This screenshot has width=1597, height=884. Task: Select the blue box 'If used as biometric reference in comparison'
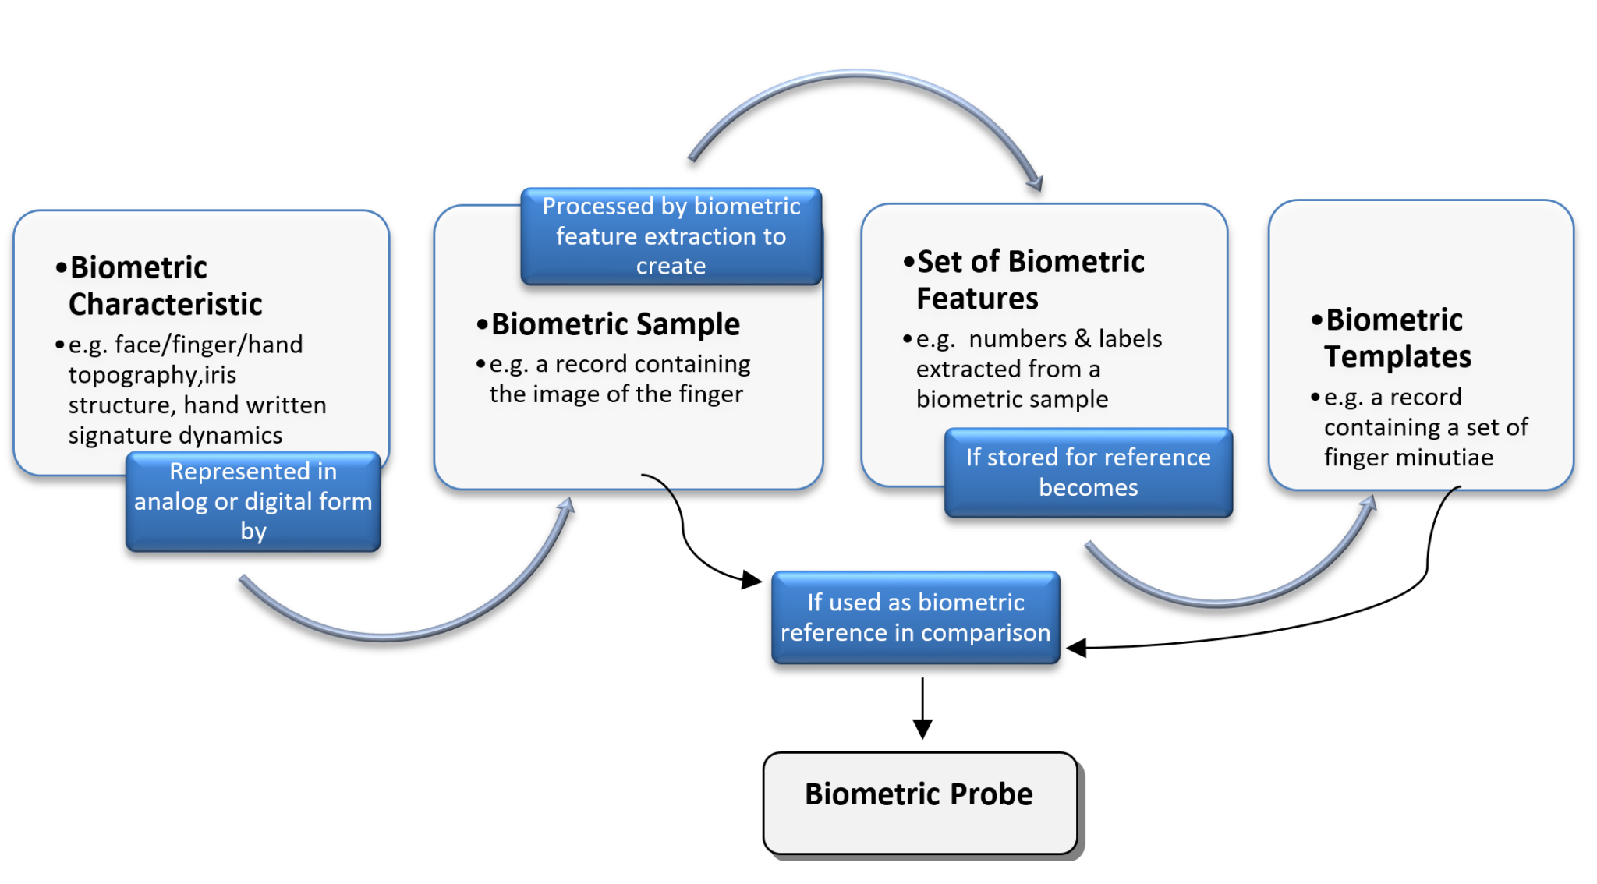click(x=915, y=617)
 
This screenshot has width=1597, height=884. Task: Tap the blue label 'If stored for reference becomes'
click(x=1088, y=472)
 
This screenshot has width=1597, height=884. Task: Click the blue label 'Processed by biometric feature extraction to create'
click(x=671, y=236)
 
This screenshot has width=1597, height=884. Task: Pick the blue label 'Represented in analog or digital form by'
click(x=253, y=501)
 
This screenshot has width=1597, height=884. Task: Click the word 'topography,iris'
click(x=152, y=375)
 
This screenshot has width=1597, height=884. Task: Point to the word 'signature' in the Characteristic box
click(x=108, y=435)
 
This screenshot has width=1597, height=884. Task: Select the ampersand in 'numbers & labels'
click(x=1082, y=338)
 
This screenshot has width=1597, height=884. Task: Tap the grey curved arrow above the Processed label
click(x=858, y=77)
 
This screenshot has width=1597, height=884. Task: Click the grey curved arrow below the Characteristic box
click(x=390, y=635)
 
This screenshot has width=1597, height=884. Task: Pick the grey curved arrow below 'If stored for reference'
click(x=1216, y=600)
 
